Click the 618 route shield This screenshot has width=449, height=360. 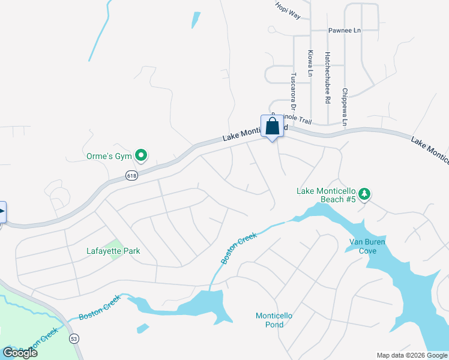[x=132, y=175]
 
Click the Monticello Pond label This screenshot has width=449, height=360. [x=274, y=320]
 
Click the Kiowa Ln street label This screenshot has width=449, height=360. [x=310, y=63]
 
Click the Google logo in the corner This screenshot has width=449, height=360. [x=20, y=352]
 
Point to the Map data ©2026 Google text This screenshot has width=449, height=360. [x=412, y=355]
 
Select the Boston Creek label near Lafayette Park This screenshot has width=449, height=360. [x=239, y=248]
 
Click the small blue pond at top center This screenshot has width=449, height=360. [x=196, y=20]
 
